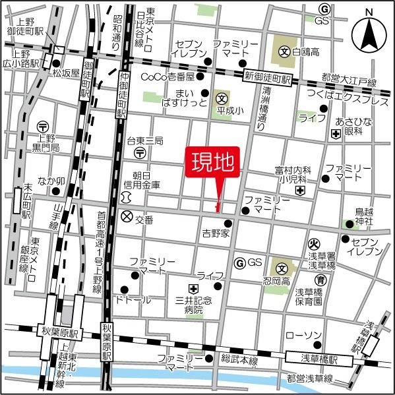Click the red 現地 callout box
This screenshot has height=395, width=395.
click(215, 161)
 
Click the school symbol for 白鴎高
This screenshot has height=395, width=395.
click(284, 50)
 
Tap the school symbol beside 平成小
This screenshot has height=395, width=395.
click(222, 99)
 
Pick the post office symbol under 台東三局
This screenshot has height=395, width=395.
click(140, 152)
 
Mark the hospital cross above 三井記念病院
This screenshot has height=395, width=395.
click(193, 288)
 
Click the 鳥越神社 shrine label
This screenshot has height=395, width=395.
click(364, 216)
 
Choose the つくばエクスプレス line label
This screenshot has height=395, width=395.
click(342, 95)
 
